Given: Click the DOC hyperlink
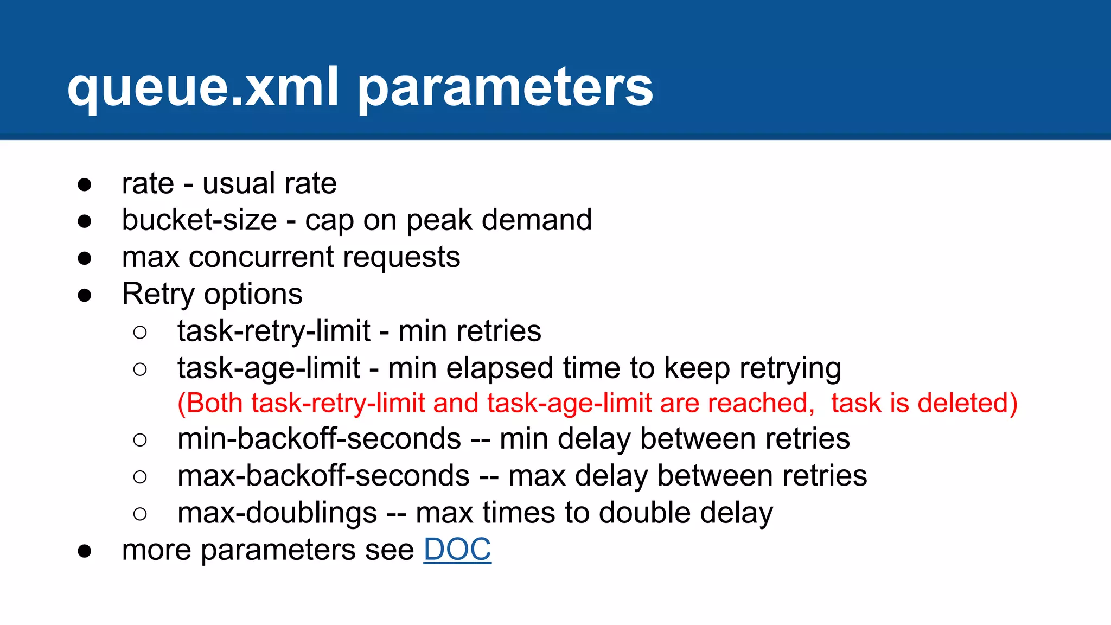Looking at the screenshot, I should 457,550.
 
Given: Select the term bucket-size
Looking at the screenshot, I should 199,220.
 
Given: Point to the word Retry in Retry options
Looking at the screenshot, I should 158,295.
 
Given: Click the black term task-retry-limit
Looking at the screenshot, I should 274,331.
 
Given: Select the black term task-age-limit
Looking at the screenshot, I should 269,368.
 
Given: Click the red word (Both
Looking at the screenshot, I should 212,404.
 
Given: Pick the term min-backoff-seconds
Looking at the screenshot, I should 319,438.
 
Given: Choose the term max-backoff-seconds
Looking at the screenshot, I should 323,476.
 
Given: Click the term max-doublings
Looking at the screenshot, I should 277,513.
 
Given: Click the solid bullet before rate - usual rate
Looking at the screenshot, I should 85,184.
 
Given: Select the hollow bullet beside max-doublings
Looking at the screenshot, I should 140,514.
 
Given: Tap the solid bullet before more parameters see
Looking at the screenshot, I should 85,551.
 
